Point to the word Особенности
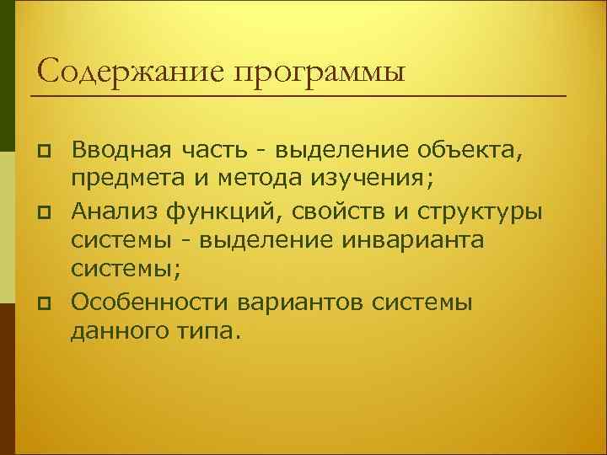pyautogui.click(x=150, y=301)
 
